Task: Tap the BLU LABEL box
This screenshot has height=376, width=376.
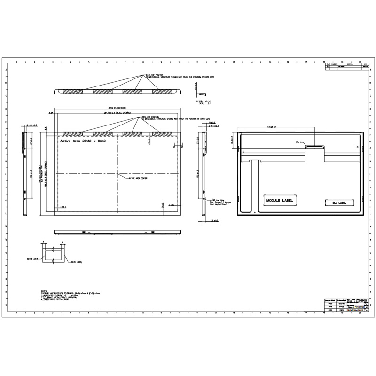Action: click(x=336, y=202)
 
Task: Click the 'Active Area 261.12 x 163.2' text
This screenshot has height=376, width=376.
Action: click(x=83, y=140)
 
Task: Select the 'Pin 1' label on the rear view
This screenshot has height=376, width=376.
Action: click(x=298, y=141)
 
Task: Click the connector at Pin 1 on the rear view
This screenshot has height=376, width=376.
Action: click(x=315, y=146)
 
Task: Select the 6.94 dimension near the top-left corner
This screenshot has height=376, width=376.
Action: click(x=51, y=113)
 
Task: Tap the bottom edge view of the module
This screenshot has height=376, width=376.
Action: click(x=117, y=233)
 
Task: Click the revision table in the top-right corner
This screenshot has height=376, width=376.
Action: click(x=345, y=67)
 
